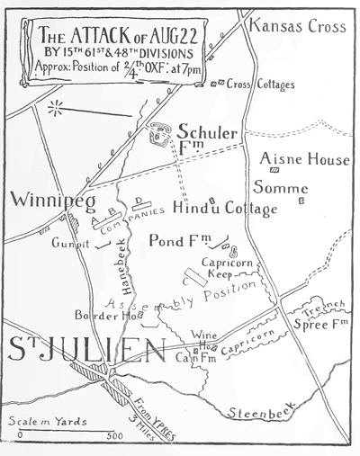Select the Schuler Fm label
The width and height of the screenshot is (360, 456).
pos(208,141)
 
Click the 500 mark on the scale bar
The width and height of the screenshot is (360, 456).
pos(114,436)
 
